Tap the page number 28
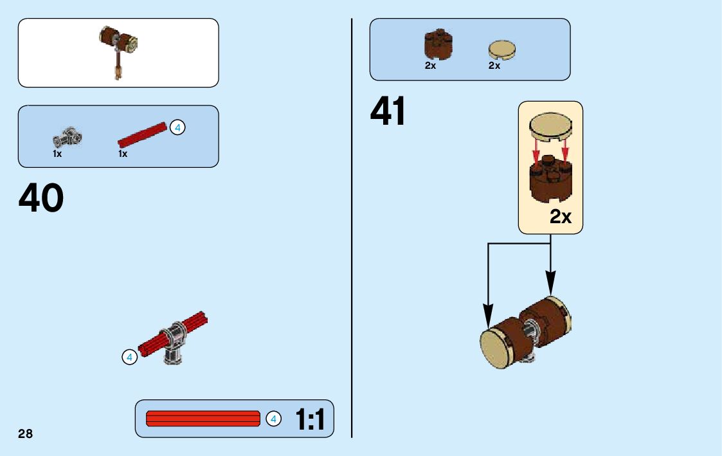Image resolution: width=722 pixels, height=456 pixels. point(25,433)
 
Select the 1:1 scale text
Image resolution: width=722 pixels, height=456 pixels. point(310,420)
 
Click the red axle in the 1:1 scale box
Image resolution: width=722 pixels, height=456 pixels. point(203,419)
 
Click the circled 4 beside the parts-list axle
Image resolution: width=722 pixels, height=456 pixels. point(177,127)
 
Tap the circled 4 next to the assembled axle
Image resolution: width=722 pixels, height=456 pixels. point(129,357)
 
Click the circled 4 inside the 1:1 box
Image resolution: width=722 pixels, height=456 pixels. point(273,419)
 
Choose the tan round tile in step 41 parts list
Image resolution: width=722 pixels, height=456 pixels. point(503,50)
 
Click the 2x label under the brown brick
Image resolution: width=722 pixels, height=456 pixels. point(430,66)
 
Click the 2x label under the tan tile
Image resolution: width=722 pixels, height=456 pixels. point(494,66)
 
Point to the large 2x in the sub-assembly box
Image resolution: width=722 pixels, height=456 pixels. point(560,217)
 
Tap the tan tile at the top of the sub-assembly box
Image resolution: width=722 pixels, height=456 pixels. point(550,126)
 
